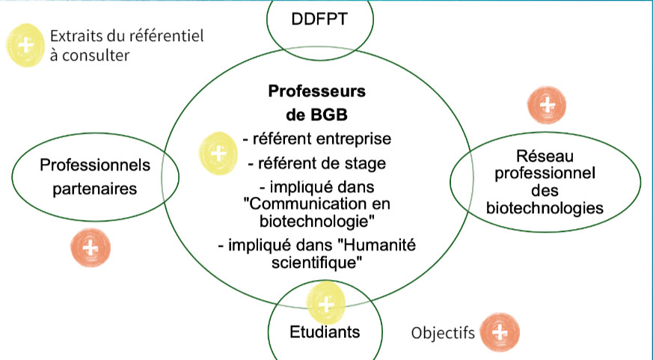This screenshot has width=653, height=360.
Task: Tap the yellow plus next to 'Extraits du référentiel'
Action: pyautogui.click(x=26, y=45)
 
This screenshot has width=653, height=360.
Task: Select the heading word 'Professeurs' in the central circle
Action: pyautogui.click(x=316, y=91)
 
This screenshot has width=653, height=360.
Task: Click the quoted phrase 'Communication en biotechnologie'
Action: pyautogui.click(x=316, y=213)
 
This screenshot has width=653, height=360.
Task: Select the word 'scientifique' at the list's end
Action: pyautogui.click(x=317, y=262)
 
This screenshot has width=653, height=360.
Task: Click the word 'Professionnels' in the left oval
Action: pyautogui.click(x=95, y=164)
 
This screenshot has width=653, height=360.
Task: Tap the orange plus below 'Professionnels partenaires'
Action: pyautogui.click(x=89, y=248)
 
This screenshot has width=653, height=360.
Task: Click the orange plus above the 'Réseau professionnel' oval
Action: pyautogui.click(x=547, y=105)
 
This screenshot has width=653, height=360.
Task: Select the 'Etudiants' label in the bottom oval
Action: pyautogui.click(x=325, y=331)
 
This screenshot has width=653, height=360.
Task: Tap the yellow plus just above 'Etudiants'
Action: pyautogui.click(x=326, y=304)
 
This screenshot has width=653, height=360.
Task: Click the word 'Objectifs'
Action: pyautogui.click(x=443, y=332)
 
